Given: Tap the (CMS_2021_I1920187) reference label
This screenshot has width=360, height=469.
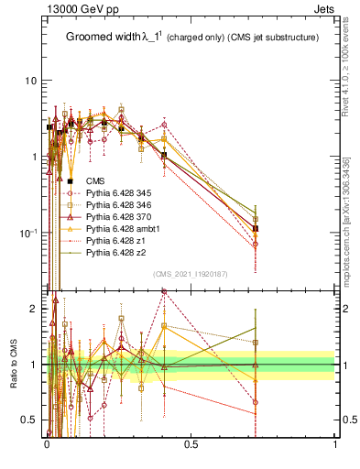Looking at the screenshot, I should click(x=190, y=274).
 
